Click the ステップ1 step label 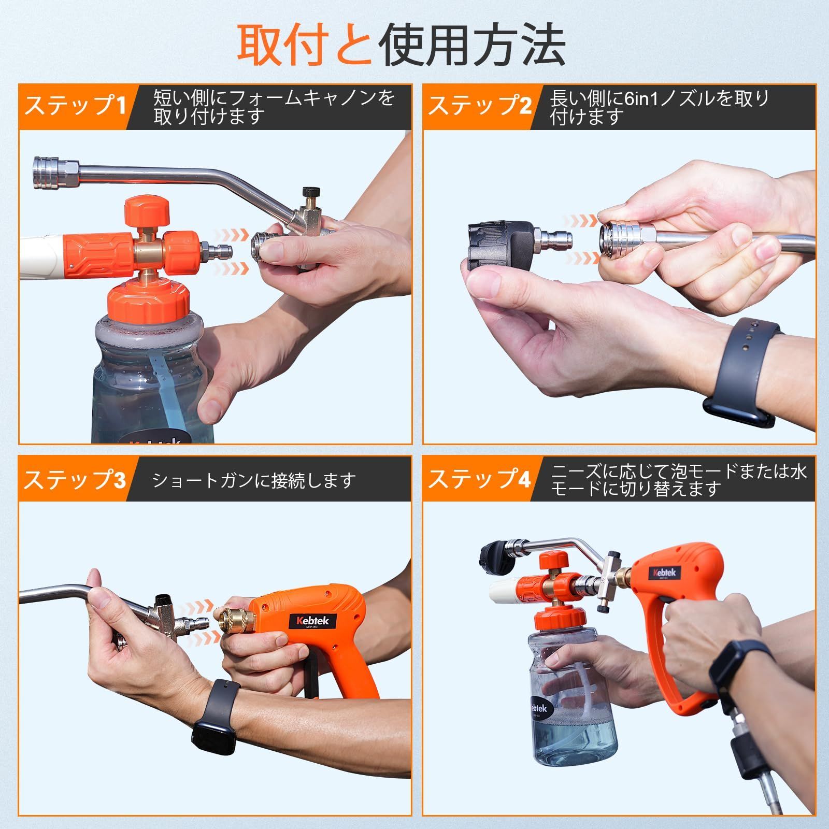(76, 106)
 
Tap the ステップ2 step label (480, 106)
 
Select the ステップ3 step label (76, 479)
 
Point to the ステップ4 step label (480, 479)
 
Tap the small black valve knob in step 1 (310, 192)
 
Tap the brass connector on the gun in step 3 (233, 622)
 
